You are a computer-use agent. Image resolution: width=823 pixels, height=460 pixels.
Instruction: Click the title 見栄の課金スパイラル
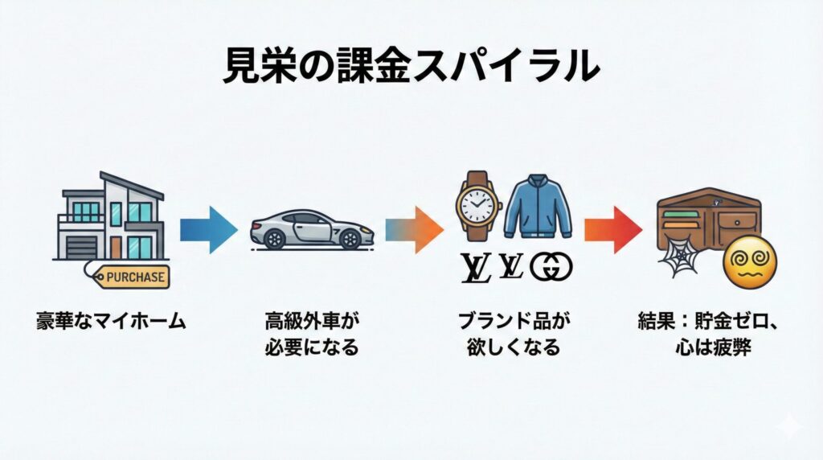click(x=410, y=67)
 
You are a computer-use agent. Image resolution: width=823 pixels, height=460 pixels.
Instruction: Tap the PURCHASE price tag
click(x=134, y=277)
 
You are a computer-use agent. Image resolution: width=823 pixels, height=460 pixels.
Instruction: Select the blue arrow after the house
click(x=208, y=230)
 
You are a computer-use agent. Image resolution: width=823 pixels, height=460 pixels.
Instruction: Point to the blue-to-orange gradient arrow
click(x=414, y=230)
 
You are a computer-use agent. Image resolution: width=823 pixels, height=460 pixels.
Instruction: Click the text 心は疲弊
click(x=714, y=349)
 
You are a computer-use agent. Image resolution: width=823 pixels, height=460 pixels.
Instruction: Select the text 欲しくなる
click(x=514, y=349)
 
